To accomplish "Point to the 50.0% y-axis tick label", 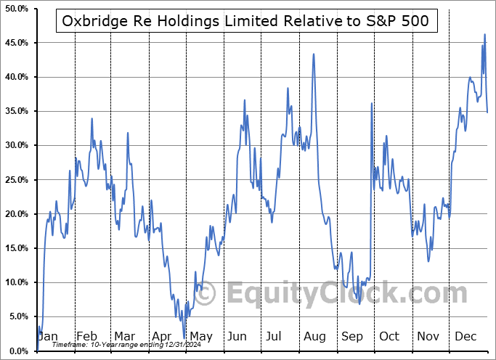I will [16, 9].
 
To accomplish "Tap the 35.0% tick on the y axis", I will [16, 111].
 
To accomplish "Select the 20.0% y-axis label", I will [16, 214].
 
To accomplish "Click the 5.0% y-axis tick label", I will [16, 316].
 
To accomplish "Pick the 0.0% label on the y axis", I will [16, 351].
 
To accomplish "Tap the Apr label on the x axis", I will [162, 337].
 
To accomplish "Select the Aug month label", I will [316, 337].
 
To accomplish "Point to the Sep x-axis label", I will [352, 337].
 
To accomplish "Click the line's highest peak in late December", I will [484, 34].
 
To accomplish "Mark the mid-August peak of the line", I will [313, 54].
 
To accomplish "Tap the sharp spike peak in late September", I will [371, 103].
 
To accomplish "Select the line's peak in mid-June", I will [245, 100].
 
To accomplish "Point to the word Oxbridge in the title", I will [95, 22].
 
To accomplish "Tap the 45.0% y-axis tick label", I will [16, 43].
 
